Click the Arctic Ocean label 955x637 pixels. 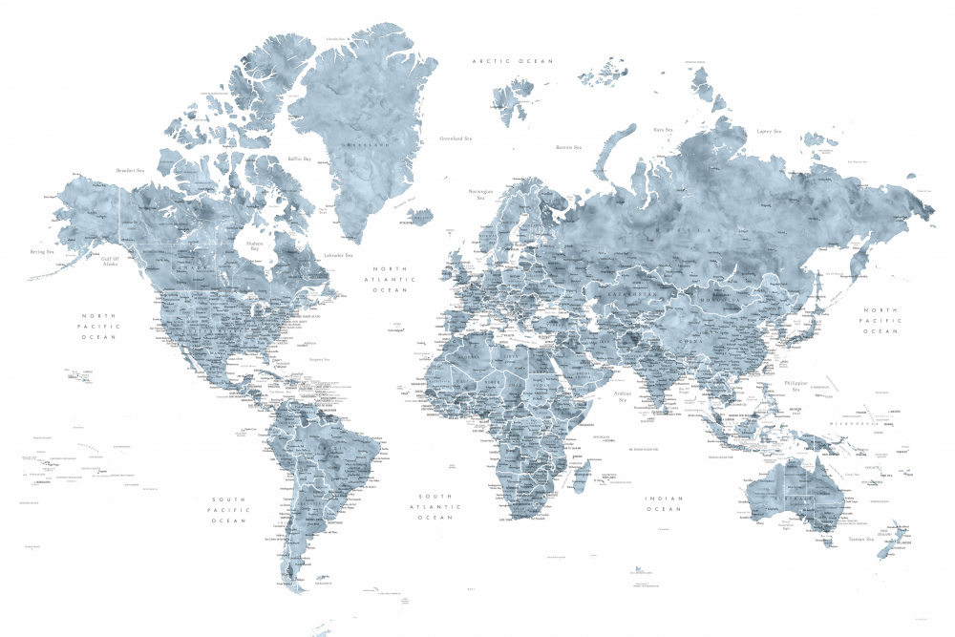513,61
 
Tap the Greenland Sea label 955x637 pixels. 456,138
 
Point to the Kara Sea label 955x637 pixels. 663,129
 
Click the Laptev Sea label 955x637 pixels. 769,131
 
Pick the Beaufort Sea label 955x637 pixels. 130,170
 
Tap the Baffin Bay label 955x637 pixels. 300,159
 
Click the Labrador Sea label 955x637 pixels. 338,255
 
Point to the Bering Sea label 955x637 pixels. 42,252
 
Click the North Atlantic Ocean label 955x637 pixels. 390,280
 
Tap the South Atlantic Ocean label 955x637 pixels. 435,507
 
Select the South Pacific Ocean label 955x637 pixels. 229,510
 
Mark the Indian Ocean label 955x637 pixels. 663,503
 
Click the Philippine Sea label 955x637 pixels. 796,386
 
